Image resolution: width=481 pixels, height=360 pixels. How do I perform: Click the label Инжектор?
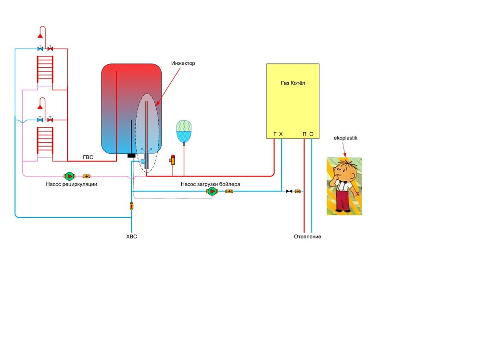pyautogui.click(x=184, y=63)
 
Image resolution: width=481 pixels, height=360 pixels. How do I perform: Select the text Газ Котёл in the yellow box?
pyautogui.click(x=293, y=83)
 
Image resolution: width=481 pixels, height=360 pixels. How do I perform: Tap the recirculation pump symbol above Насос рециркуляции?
pyautogui.click(x=69, y=176)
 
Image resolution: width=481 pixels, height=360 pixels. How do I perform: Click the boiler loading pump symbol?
pyautogui.click(x=212, y=191)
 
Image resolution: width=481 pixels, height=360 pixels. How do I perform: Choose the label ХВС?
pyautogui.click(x=131, y=236)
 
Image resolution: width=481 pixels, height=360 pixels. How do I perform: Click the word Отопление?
pyautogui.click(x=307, y=236)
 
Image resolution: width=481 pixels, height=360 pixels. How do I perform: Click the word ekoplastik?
pyautogui.click(x=345, y=138)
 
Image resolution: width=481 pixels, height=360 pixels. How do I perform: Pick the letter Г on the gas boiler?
pyautogui.click(x=275, y=134)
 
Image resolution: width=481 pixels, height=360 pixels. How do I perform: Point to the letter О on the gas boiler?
pyautogui.click(x=311, y=134)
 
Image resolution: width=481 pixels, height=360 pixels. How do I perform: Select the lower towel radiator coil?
pyautogui.click(x=45, y=141)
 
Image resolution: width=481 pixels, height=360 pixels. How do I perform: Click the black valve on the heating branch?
pyautogui.click(x=289, y=191)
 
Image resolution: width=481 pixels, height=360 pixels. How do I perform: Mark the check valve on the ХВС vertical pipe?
pyautogui.click(x=132, y=206)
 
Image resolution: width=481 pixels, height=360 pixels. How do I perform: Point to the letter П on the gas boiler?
pyautogui.click(x=304, y=134)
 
